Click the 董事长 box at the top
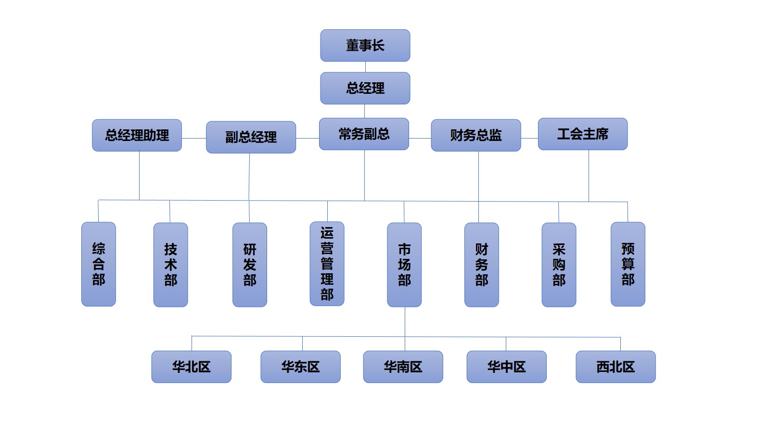365,46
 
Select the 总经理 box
365,88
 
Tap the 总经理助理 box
137,135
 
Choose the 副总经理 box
251,137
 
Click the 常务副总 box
364,134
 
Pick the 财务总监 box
475,135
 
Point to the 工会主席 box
582,134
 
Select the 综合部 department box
99,264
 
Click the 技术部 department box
170,265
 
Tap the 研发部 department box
249,265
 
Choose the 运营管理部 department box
327,264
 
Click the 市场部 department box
404,265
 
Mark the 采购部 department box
559,265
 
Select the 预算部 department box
628,264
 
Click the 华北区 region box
191,367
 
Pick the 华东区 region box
300,367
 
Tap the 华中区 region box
506,367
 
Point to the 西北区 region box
616,367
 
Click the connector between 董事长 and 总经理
365,67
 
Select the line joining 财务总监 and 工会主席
529,139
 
